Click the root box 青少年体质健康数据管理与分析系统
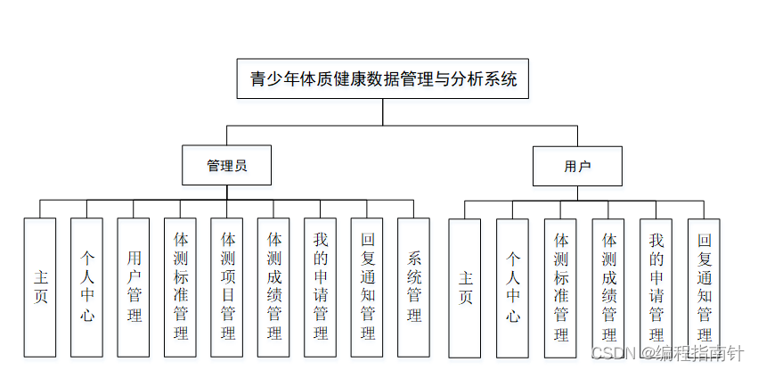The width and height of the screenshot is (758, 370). tap(383, 78)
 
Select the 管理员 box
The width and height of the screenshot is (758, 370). tap(226, 166)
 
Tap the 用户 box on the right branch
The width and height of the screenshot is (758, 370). tap(577, 166)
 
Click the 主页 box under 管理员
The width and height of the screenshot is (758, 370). tap(41, 287)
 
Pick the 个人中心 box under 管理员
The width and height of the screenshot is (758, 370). tap(87, 287)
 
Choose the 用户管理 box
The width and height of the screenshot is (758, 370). tap(134, 287)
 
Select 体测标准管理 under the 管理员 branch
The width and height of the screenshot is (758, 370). tap(181, 287)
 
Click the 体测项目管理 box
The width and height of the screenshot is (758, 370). tap(227, 287)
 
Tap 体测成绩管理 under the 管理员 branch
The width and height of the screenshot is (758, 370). tap(274, 287)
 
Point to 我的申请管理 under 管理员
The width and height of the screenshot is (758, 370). tap(321, 287)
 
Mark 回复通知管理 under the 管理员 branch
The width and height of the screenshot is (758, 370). tap(367, 287)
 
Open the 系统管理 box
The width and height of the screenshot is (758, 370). tap(414, 287)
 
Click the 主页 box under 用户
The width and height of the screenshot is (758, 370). tap(465, 287)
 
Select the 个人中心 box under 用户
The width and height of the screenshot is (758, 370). tap(513, 287)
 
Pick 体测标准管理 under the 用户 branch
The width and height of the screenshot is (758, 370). tap(561, 287)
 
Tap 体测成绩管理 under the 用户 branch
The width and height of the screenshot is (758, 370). tap(609, 287)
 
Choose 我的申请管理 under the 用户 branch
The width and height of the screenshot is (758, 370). tap(656, 287)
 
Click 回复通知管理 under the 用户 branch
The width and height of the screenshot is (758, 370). tap(705, 287)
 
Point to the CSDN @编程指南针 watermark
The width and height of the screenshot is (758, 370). tap(667, 353)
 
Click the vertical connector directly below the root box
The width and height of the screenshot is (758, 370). tap(383, 111)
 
